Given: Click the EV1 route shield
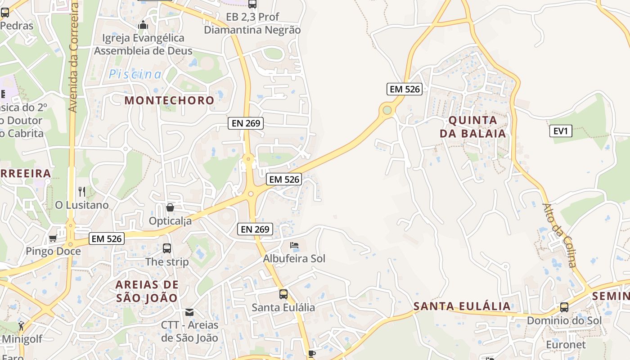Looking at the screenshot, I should pyautogui.click(x=561, y=131).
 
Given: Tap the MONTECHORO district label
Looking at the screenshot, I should pyautogui.click(x=169, y=100).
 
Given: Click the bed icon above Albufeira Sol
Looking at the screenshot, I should pyautogui.click(x=294, y=246).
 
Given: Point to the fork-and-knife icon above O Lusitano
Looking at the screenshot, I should pyautogui.click(x=82, y=192).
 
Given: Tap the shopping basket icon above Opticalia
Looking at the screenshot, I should pyautogui.click(x=170, y=207).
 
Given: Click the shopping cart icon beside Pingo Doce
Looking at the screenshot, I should pyautogui.click(x=53, y=238).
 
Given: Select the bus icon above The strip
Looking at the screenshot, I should pyautogui.click(x=167, y=248).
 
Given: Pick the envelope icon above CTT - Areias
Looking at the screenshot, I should pyautogui.click(x=189, y=312).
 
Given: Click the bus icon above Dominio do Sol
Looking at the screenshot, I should pyautogui.click(x=564, y=308).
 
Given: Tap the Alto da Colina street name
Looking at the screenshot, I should pyautogui.click(x=560, y=235).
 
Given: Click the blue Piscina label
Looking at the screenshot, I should pyautogui.click(x=135, y=74).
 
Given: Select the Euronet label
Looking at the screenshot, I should pyautogui.click(x=566, y=345).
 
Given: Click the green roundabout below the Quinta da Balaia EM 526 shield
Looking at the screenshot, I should pyautogui.click(x=387, y=110).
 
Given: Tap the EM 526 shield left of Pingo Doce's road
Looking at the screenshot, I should pyautogui.click(x=107, y=238).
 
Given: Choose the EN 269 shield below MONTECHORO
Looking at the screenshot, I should pyautogui.click(x=245, y=123).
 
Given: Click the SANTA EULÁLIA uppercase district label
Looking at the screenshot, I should pyautogui.click(x=462, y=306).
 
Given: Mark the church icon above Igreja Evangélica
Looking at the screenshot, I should pyautogui.click(x=143, y=25).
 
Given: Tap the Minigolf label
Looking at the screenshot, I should pyautogui.click(x=23, y=338).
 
